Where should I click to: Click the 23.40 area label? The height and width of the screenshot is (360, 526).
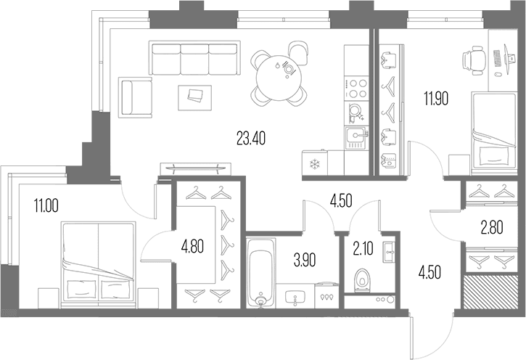click(251, 138)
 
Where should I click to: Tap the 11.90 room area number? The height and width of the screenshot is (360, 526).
click(435, 99)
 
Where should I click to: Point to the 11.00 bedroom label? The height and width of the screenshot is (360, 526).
click(46, 205)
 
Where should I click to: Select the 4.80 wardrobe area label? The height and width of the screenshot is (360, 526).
click(192, 247)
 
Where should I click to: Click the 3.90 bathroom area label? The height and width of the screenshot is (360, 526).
click(305, 261)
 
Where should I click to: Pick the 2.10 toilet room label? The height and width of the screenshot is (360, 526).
click(363, 249)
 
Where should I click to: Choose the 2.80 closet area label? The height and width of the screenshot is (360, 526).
click(492, 228)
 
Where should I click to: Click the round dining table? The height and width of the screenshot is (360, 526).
click(279, 78)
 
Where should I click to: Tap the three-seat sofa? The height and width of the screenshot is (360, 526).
click(194, 59)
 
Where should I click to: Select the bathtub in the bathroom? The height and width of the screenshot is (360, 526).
click(261, 273)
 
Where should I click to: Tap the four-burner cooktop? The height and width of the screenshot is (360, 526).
click(356, 88)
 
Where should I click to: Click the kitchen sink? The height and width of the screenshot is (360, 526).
click(356, 139)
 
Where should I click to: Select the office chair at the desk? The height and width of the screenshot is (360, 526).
click(474, 61)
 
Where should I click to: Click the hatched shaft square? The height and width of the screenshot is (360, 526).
click(490, 292)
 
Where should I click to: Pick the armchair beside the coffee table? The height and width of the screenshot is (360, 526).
click(135, 97)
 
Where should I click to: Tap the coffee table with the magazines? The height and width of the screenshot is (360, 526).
click(195, 97)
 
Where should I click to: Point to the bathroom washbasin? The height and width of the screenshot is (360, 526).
click(295, 298)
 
